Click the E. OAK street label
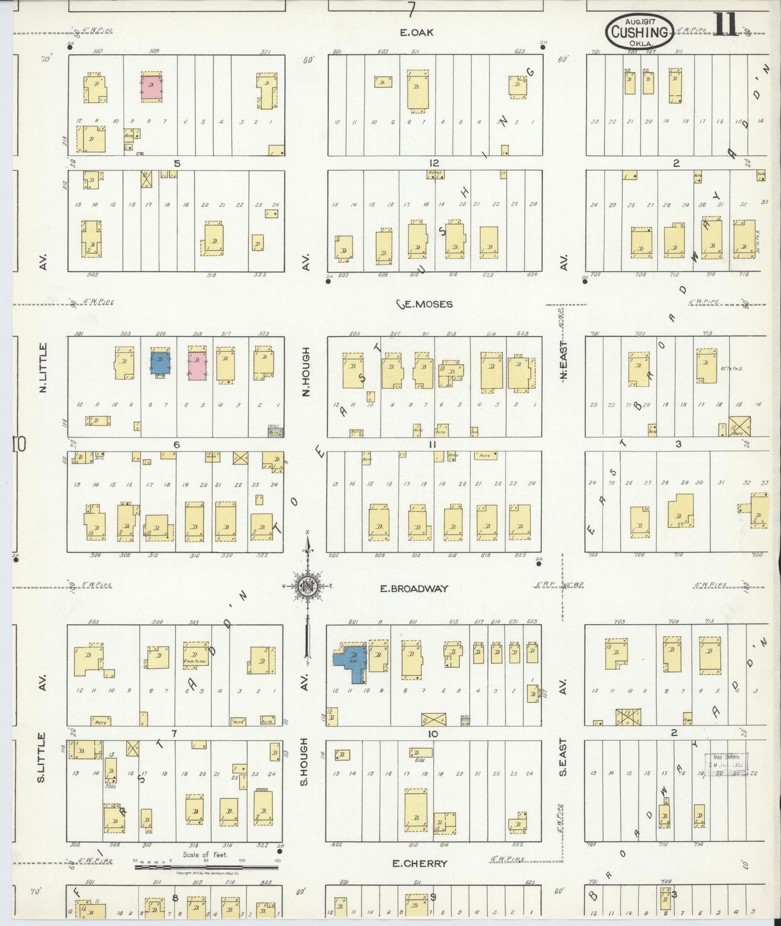416,32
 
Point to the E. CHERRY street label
419,863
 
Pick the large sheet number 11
725,24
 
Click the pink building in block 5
151,86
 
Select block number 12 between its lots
433,163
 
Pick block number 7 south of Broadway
174,733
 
